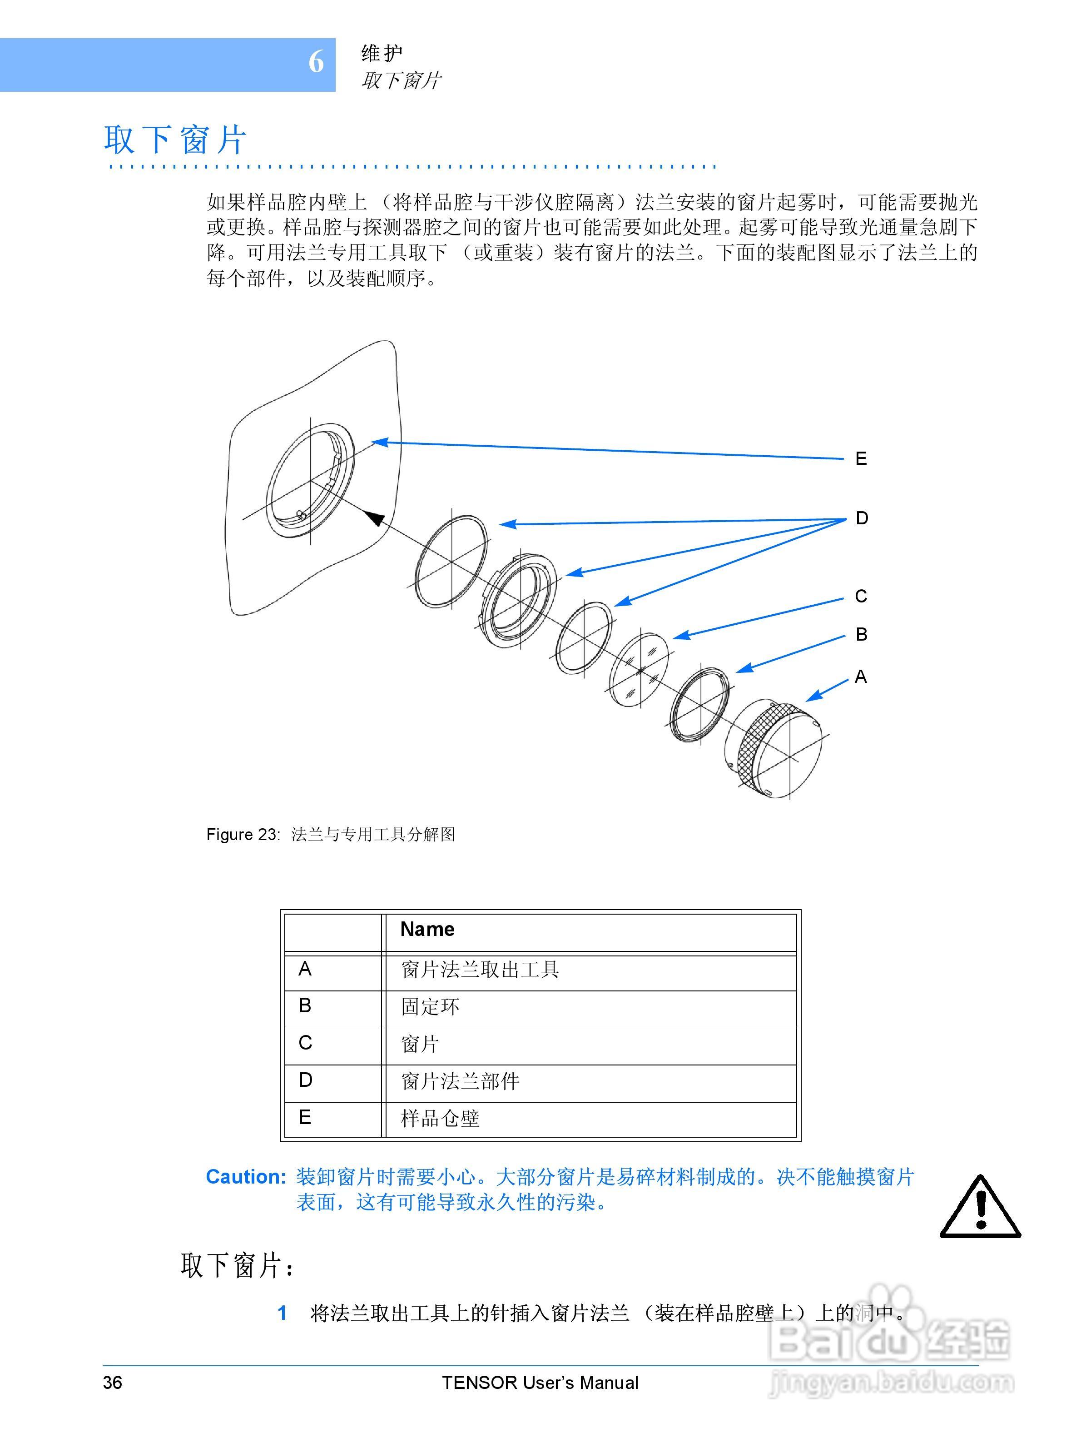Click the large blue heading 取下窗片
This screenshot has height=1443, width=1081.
[175, 140]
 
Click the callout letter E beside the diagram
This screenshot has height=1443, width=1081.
[861, 458]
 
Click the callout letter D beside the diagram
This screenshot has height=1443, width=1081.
[861, 518]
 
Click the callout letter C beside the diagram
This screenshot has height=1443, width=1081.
[861, 596]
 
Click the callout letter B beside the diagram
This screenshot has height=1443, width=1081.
[861, 634]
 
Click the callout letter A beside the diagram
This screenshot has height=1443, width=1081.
[861, 677]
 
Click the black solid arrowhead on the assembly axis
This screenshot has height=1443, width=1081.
[374, 518]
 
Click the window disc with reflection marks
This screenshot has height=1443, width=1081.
[639, 669]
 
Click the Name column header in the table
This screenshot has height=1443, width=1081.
[427, 929]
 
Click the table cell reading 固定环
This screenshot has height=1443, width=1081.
[430, 1006]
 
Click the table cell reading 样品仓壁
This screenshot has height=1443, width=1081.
[440, 1118]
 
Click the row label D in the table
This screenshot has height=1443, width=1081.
[305, 1080]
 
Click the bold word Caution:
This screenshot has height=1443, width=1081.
[246, 1177]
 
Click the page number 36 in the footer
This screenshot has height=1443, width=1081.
[112, 1382]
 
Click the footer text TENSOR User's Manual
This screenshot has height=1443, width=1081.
[540, 1382]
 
